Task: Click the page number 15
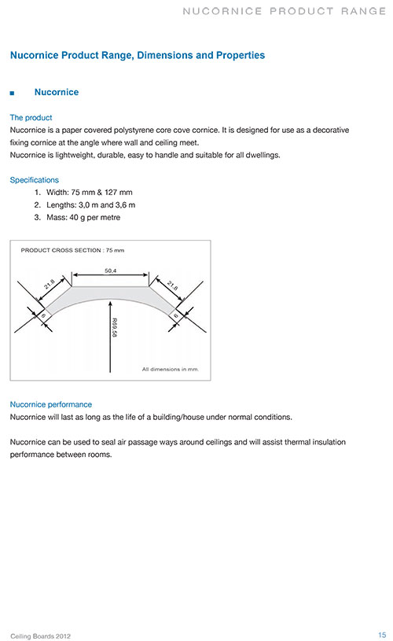[382, 635]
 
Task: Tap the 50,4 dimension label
[110, 271]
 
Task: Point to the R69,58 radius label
[115, 327]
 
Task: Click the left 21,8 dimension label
[50, 284]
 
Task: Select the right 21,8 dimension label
[172, 286]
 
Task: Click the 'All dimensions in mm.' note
[171, 369]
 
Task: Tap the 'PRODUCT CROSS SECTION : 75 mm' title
[72, 250]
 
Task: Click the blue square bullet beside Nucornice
[13, 94]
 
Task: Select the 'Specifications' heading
[35, 180]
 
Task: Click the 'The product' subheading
[31, 118]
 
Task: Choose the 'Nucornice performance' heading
[50, 404]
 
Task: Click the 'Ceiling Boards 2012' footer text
[40, 636]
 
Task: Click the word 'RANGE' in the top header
[363, 11]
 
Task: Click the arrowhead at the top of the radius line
[110, 304]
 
